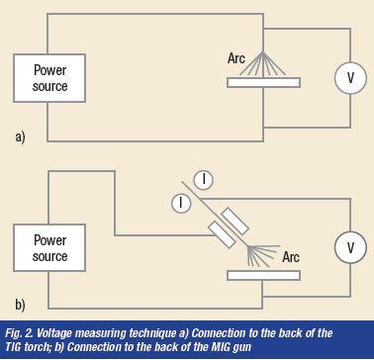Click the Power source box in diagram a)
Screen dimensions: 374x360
coord(49,78)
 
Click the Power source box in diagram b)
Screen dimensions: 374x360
coord(49,248)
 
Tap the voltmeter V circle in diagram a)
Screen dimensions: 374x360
coord(350,78)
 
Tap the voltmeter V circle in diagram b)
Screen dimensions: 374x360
coord(350,247)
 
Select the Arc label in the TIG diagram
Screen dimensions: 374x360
coord(236,58)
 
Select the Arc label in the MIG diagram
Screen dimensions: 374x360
coord(291,257)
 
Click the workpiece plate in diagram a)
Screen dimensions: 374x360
coord(263,82)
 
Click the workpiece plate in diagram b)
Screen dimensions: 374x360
coord(263,275)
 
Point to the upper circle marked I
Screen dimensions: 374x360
coord(203,180)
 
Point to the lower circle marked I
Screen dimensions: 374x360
coord(181,203)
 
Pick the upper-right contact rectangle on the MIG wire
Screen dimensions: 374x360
coord(234,222)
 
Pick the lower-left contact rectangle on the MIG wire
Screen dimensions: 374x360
coord(223,234)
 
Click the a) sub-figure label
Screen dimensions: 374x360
coord(20,136)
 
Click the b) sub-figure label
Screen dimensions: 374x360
coord(20,305)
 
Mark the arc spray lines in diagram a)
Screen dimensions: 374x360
coord(263,63)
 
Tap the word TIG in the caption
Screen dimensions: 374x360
coord(13,347)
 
